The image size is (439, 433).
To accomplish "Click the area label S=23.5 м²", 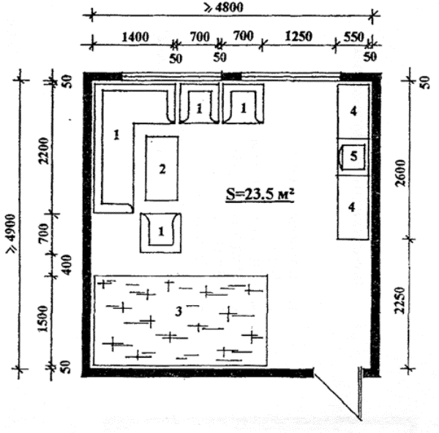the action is [x=260, y=194].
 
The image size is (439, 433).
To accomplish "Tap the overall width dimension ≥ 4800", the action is [x=224, y=7].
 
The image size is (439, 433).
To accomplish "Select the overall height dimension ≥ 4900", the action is [x=12, y=234].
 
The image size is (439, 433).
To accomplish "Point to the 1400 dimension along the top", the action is [x=135, y=37].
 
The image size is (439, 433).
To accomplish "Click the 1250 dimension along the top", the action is [x=299, y=37].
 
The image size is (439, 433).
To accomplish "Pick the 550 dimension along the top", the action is [x=353, y=37].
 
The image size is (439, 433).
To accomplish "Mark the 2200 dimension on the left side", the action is [x=44, y=150].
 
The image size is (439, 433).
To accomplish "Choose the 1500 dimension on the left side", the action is [x=43, y=319].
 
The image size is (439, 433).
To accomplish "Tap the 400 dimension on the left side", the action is [x=67, y=265].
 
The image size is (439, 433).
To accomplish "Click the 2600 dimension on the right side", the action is [x=401, y=172].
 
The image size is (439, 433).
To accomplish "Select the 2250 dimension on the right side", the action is [x=399, y=300].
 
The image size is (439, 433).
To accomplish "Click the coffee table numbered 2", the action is [x=162, y=168].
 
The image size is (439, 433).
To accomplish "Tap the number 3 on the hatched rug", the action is [x=179, y=311].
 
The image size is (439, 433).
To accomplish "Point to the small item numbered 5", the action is [x=353, y=157].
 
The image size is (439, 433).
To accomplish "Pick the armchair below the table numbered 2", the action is [x=161, y=233].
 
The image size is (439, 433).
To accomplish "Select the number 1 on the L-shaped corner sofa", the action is [x=117, y=135].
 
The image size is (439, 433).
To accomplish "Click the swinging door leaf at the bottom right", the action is [x=337, y=396].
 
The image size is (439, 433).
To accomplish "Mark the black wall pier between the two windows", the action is [x=231, y=76].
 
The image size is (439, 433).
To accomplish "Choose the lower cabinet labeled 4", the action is [x=353, y=207].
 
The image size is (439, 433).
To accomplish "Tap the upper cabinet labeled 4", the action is [x=353, y=111].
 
